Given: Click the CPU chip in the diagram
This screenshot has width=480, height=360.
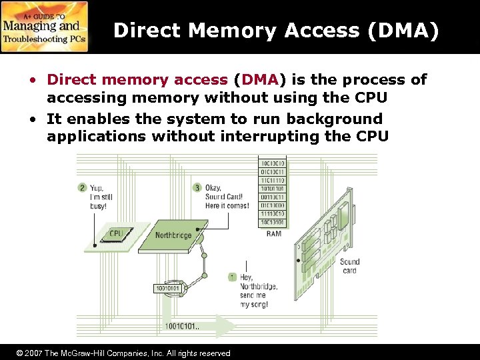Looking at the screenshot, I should pos(117,234).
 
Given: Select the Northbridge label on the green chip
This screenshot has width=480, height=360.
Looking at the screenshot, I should pos(174,235).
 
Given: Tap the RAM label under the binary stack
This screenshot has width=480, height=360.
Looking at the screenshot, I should pos(273,233).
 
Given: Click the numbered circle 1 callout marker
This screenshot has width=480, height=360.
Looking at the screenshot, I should pos(232,277).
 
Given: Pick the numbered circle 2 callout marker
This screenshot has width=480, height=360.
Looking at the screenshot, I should pos(82,187).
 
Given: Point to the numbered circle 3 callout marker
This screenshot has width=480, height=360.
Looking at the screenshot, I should pos(197,187).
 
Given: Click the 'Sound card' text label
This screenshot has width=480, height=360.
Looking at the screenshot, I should pos(349,266).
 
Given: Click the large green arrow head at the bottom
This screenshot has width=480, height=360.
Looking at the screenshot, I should pos(227,327).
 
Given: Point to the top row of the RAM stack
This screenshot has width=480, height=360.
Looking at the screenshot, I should pos(273,163).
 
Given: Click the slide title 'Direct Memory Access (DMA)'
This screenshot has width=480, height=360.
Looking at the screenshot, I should pos(276,31).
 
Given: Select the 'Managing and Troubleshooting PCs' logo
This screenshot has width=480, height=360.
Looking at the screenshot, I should pos(45,27).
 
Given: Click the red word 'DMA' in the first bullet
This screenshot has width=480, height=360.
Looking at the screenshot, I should pos(256,80).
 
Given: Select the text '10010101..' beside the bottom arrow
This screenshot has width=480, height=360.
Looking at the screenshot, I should pos(183,327).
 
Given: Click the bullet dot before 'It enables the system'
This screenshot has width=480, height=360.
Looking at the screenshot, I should pos(32,119).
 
